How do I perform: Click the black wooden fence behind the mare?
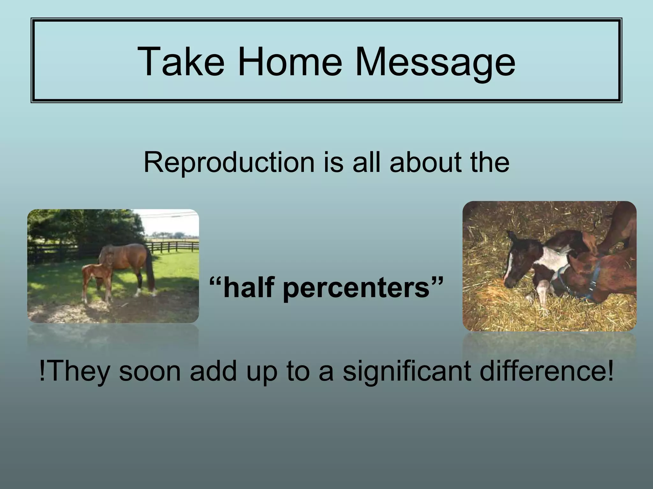[172, 247]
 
